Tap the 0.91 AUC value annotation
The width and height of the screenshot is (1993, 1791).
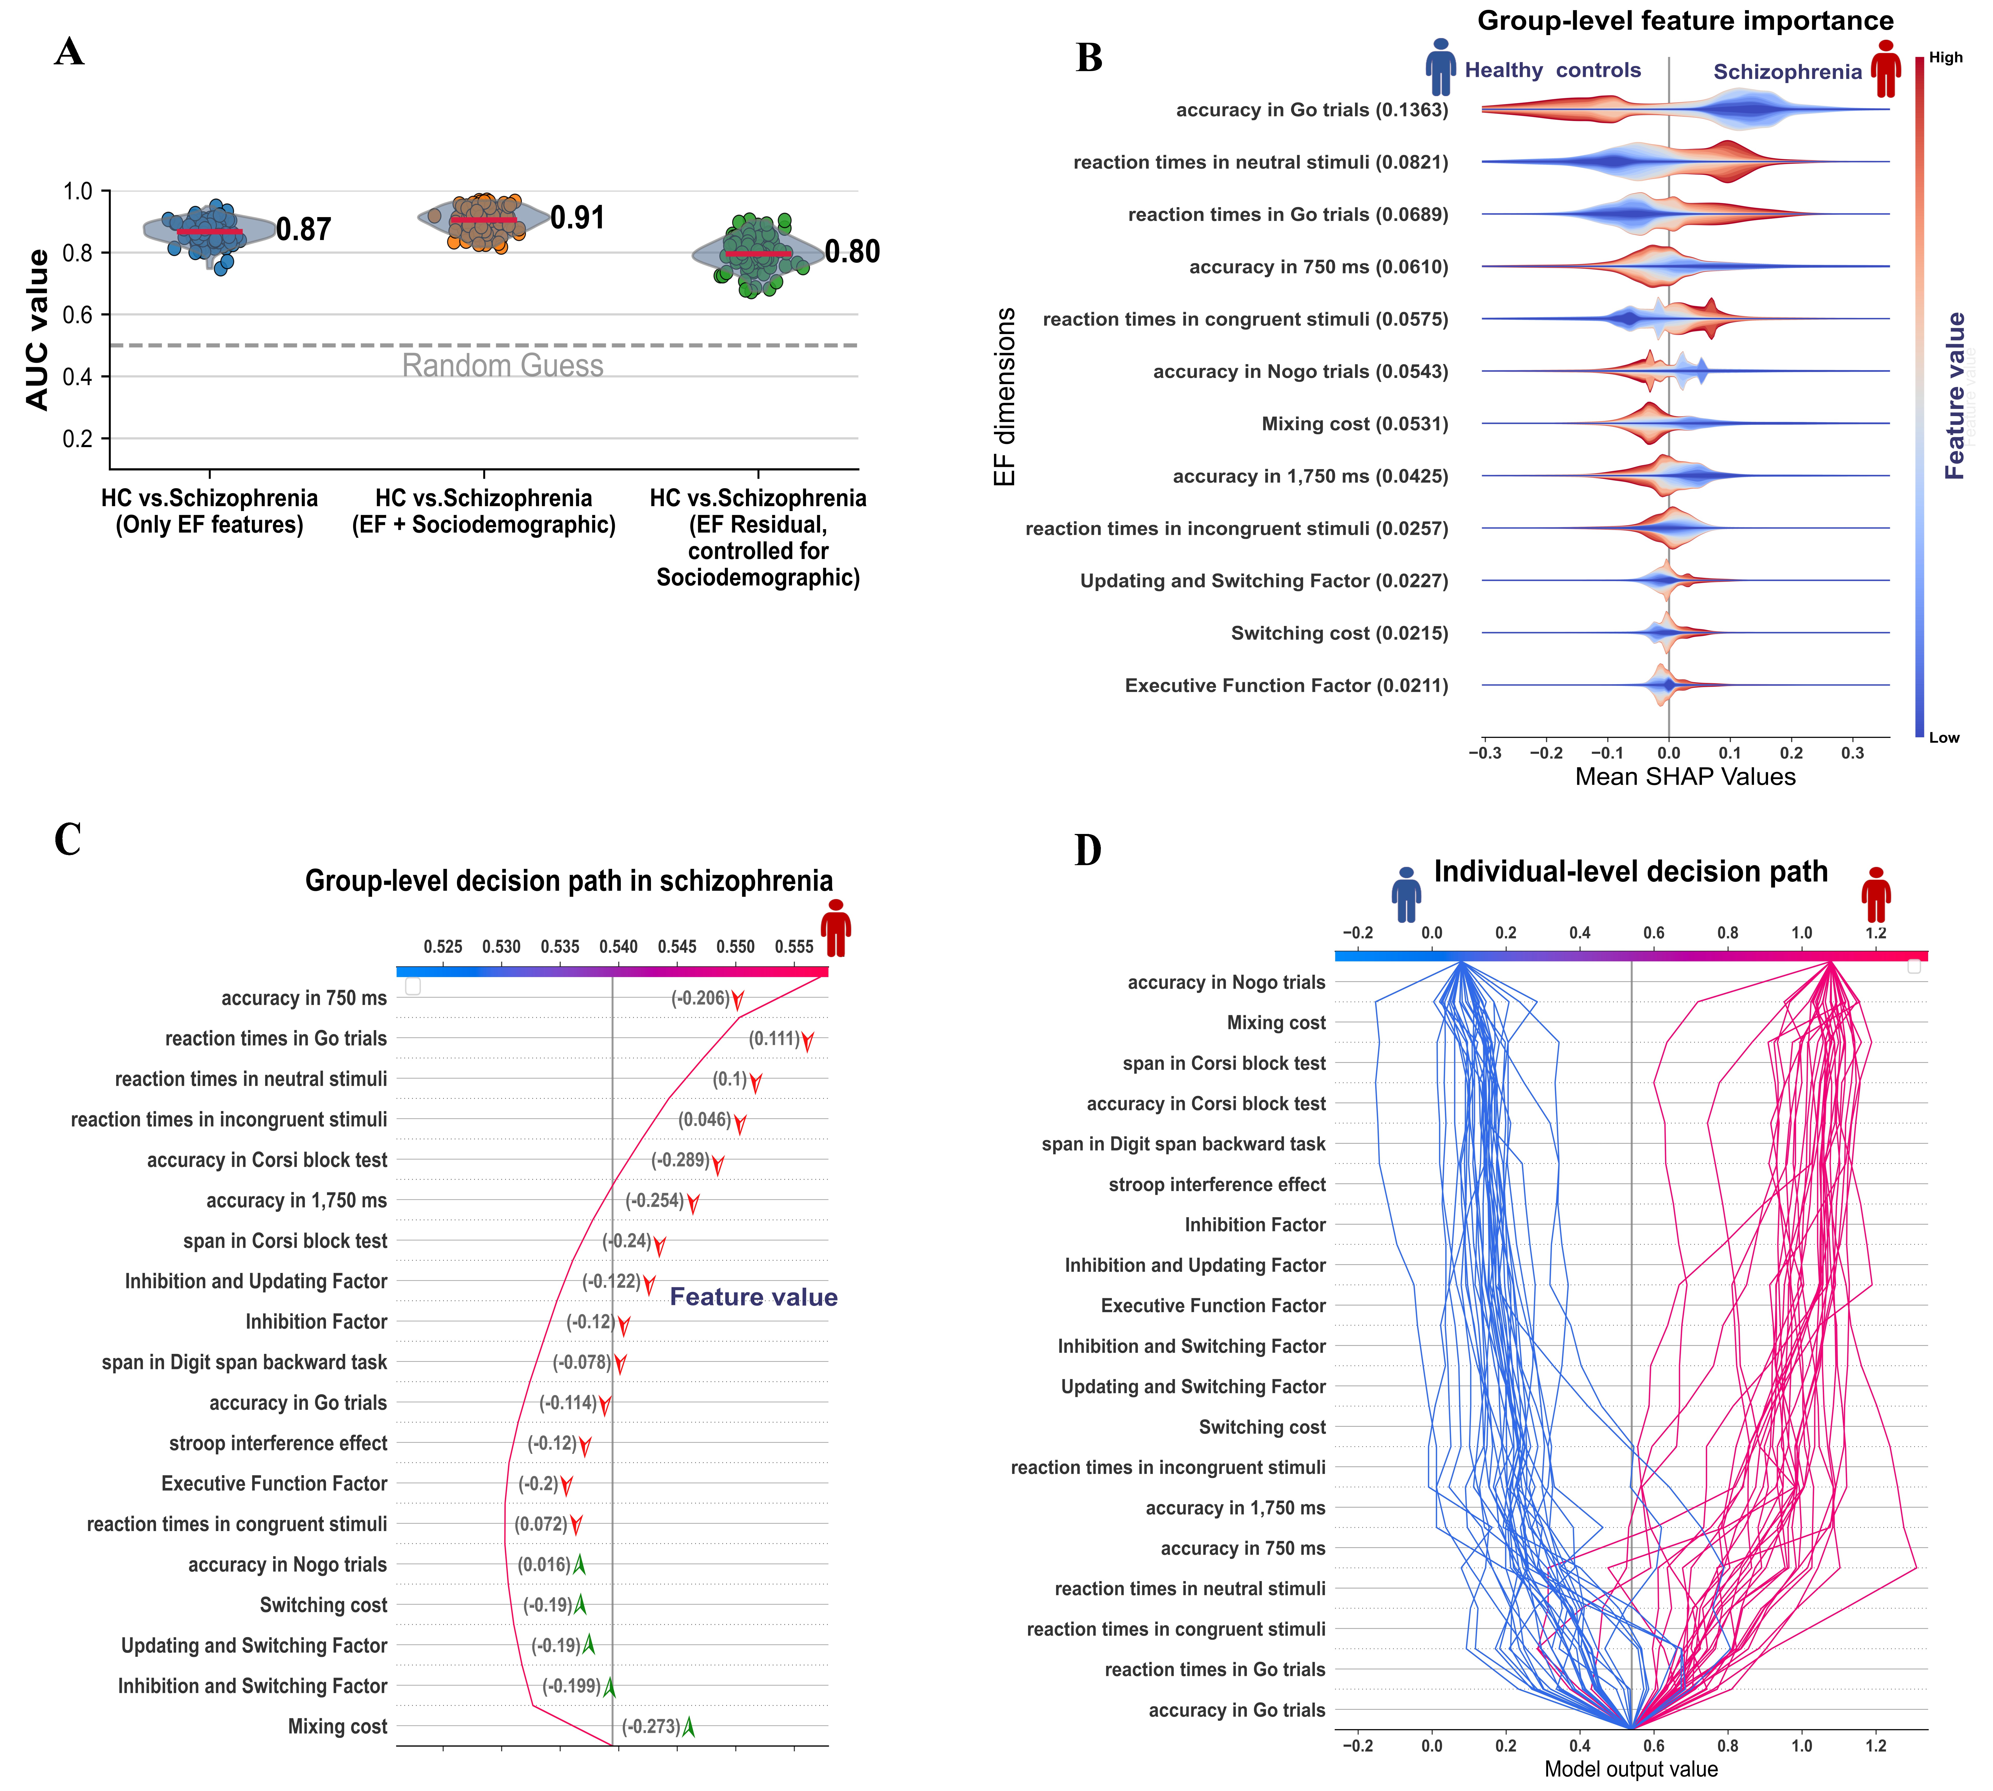(578, 217)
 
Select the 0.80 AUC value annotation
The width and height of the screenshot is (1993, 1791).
(852, 252)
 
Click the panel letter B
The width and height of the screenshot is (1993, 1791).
(1089, 58)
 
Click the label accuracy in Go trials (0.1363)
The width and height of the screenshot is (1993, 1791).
(1312, 110)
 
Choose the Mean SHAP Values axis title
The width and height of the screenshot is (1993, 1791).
(1685, 777)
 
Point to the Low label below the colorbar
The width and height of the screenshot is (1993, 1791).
(1944, 737)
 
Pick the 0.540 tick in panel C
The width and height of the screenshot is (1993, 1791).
(618, 947)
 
